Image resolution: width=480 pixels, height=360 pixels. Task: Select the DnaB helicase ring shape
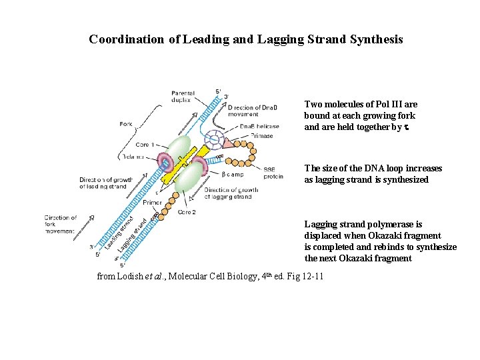215,141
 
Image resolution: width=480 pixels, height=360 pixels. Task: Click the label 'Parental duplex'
181,96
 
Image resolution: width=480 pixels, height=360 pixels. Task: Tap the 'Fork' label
127,123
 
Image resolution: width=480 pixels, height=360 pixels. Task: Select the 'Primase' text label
262,136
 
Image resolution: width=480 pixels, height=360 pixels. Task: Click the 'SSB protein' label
273,173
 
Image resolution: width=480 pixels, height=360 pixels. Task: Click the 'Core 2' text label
187,211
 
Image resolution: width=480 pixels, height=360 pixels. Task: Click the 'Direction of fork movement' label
61,225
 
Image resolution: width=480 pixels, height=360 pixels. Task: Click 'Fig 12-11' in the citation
303,276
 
